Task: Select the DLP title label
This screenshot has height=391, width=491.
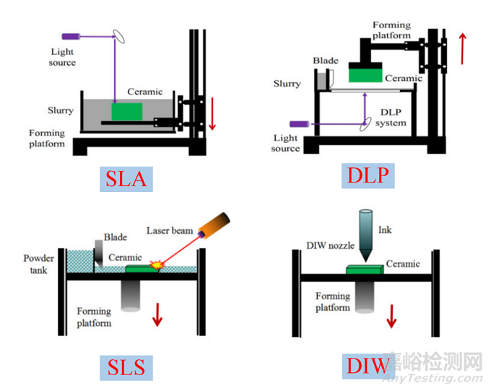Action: point(367,174)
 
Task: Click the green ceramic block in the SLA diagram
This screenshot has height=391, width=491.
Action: point(127,112)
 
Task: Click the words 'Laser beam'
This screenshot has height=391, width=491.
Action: point(170,231)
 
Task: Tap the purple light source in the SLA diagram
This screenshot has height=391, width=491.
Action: point(71,35)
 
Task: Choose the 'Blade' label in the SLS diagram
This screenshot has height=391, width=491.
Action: point(116,236)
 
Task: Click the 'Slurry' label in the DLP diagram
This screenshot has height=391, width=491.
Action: point(287,84)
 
